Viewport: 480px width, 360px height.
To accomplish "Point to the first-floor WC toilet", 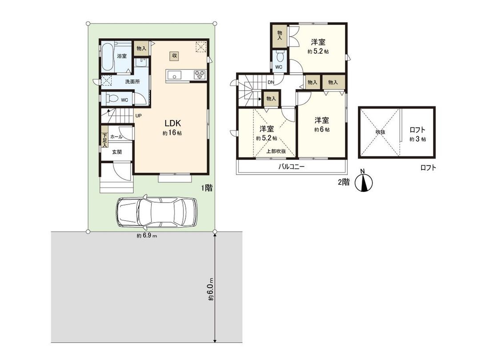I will point(111,99).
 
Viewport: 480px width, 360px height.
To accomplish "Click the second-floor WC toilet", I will point(280,57).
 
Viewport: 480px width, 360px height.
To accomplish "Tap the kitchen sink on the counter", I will point(174,75).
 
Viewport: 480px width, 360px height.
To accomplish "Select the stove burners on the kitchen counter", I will point(199,75).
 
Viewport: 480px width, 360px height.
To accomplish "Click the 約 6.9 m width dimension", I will point(147,236).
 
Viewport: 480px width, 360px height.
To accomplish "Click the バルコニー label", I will point(291,167).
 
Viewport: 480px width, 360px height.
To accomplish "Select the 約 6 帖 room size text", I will point(322,129).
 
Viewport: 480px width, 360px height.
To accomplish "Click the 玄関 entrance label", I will point(116,152).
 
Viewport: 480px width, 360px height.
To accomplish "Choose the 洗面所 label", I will point(132,82).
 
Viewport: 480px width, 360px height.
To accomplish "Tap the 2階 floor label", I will point(343,182).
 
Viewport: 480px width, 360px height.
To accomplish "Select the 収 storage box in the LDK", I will point(174,56).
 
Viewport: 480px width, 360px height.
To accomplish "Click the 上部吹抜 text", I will point(276,151).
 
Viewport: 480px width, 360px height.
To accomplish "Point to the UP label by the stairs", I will point(139,116).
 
